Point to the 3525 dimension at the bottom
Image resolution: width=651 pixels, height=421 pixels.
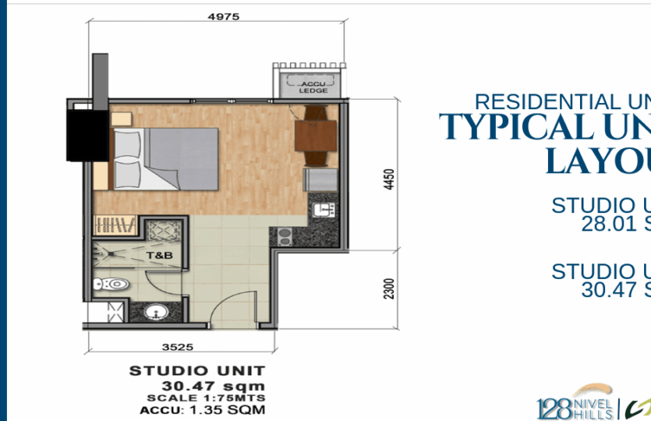tap(178, 347)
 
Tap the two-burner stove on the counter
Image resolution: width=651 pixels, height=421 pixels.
tap(282, 235)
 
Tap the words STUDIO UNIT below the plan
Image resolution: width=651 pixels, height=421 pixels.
tap(196, 371)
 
